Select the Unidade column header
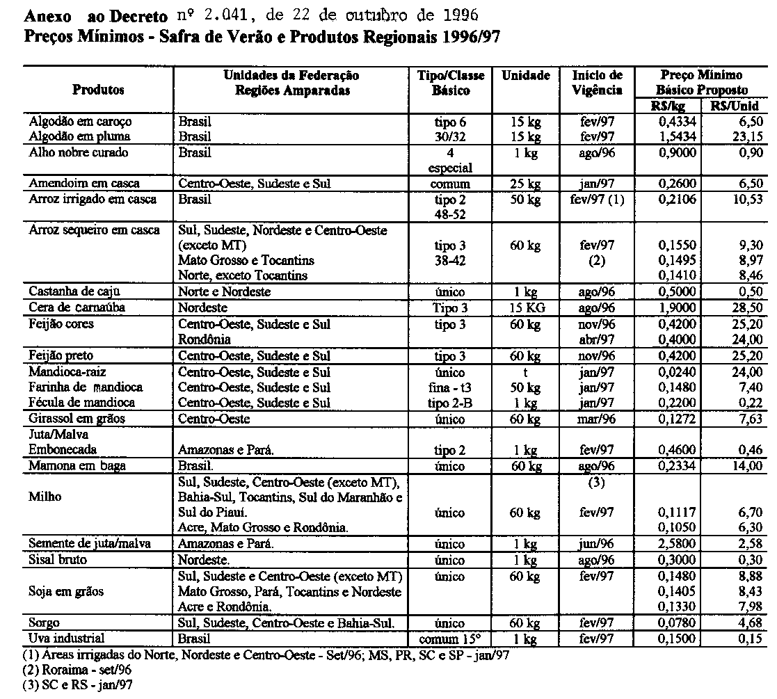coord(525,76)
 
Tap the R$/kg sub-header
coord(671,106)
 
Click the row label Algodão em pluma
coord(79,136)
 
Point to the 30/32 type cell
coord(450,136)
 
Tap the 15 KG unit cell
coord(525,307)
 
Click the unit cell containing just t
coord(525,372)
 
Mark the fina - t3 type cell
coord(450,387)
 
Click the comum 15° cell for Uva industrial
coord(450,638)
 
